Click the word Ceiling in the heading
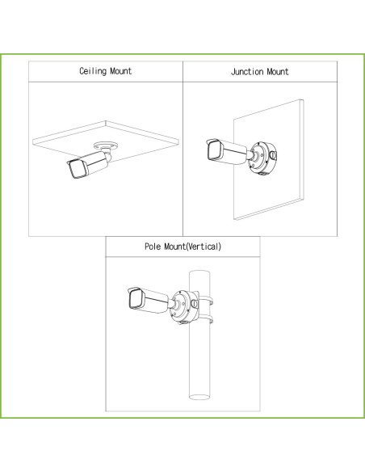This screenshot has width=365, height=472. (x=93, y=71)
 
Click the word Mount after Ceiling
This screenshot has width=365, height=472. (x=121, y=71)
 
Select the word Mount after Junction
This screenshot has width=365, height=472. (x=278, y=72)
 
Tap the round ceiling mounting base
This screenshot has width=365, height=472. (x=106, y=145)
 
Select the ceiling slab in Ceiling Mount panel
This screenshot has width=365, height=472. (x=106, y=141)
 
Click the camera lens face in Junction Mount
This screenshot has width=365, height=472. (x=214, y=150)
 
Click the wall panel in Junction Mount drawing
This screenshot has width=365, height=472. (x=268, y=160)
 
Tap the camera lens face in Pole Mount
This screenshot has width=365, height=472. (x=136, y=298)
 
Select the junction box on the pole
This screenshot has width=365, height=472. (x=185, y=306)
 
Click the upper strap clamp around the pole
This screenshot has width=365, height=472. (x=206, y=301)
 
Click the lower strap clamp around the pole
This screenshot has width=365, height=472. (x=206, y=318)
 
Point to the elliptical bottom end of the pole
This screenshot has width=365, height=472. (x=199, y=397)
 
